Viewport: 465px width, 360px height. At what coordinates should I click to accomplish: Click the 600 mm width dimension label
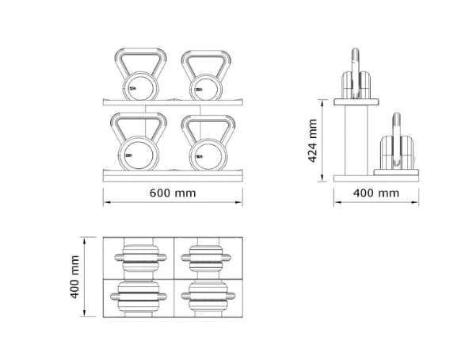coord(173,193)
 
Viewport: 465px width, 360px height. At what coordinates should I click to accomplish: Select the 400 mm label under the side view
coord(375,193)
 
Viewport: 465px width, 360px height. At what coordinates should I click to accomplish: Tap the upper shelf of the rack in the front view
coord(173,102)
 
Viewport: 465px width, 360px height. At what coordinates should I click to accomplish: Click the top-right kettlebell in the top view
coord(207,256)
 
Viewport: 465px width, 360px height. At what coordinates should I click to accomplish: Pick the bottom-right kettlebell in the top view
coord(207,297)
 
